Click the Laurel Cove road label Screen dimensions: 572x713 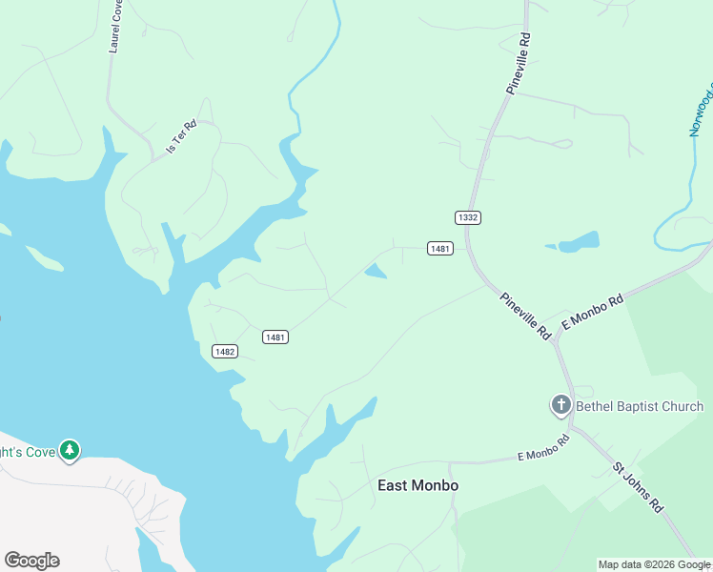(x=116, y=25)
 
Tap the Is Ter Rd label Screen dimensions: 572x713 (x=181, y=136)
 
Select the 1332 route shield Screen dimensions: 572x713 (x=467, y=217)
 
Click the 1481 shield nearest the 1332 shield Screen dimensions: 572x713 (x=439, y=249)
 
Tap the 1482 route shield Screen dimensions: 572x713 (x=224, y=351)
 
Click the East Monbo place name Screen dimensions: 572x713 (x=418, y=485)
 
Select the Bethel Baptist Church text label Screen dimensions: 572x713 (x=640, y=406)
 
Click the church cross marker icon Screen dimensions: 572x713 (x=560, y=405)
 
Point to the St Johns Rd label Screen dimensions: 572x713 (x=637, y=488)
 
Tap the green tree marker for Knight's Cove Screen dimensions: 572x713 (x=69, y=450)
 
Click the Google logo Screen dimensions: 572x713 (x=31, y=561)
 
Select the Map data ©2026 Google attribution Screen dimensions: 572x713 (x=654, y=564)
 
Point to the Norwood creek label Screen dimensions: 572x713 (x=703, y=111)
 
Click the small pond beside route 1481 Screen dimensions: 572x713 (x=377, y=272)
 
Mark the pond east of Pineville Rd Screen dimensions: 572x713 (x=579, y=242)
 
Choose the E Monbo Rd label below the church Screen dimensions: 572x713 (x=542, y=445)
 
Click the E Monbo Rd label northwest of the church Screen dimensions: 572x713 (x=592, y=311)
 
